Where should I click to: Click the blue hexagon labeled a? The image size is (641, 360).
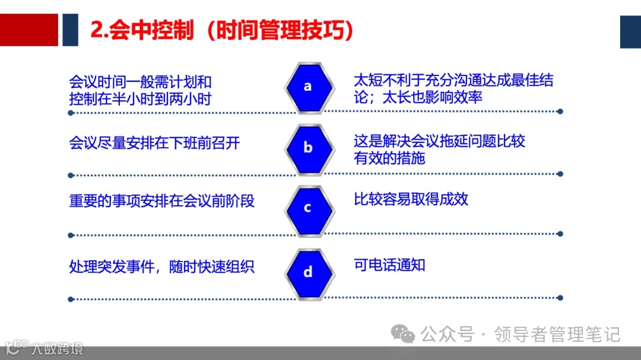coord(307,87)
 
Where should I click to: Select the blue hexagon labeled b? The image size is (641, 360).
coord(307,148)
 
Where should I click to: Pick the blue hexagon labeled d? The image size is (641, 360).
coord(307,273)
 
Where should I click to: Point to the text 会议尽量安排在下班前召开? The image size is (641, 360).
coord(154,144)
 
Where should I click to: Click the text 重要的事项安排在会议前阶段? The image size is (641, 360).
coord(161,201)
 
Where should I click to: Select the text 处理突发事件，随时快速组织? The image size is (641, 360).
coord(161,266)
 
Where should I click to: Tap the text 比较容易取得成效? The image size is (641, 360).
coord(411,199)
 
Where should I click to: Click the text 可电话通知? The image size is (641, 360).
coord(389,265)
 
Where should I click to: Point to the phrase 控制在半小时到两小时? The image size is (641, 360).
coord(140,99)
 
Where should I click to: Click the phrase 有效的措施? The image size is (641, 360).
coord(389,158)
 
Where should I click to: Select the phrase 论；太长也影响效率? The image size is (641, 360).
coord(418,97)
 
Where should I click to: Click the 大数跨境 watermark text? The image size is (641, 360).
coord(57,348)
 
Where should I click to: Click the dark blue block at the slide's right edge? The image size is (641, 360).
coord(630,31)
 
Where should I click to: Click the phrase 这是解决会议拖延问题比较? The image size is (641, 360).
coord(439,141)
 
